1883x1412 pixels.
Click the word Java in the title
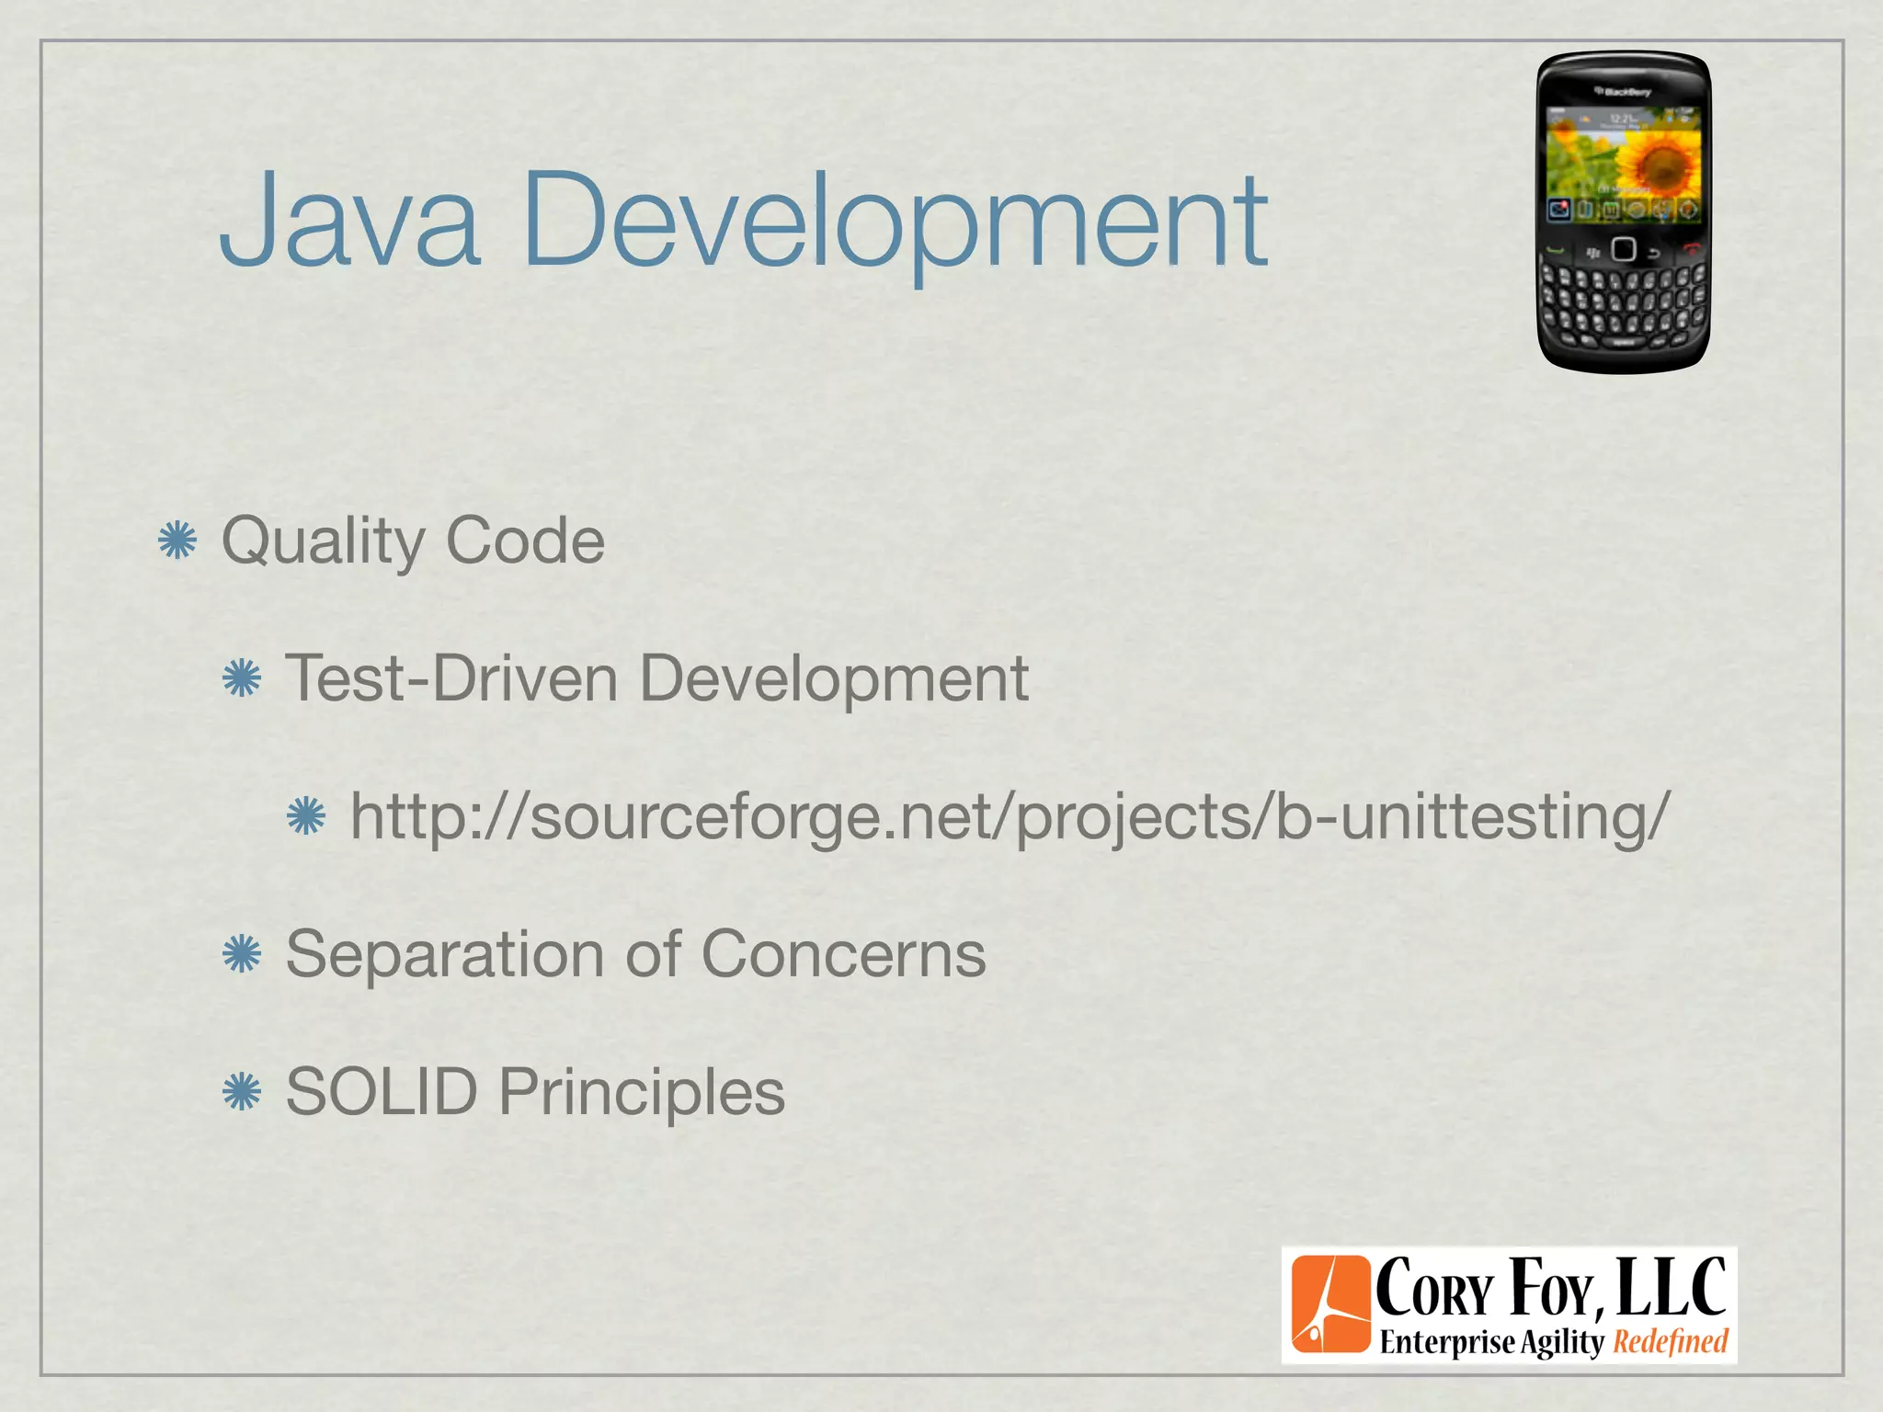349,221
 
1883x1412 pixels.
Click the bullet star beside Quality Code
177,541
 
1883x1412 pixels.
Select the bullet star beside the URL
306,816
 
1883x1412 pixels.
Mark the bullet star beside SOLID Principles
242,1092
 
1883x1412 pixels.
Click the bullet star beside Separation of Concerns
242,954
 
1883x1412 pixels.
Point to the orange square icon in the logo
1330,1305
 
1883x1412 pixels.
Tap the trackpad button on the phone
1624,249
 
